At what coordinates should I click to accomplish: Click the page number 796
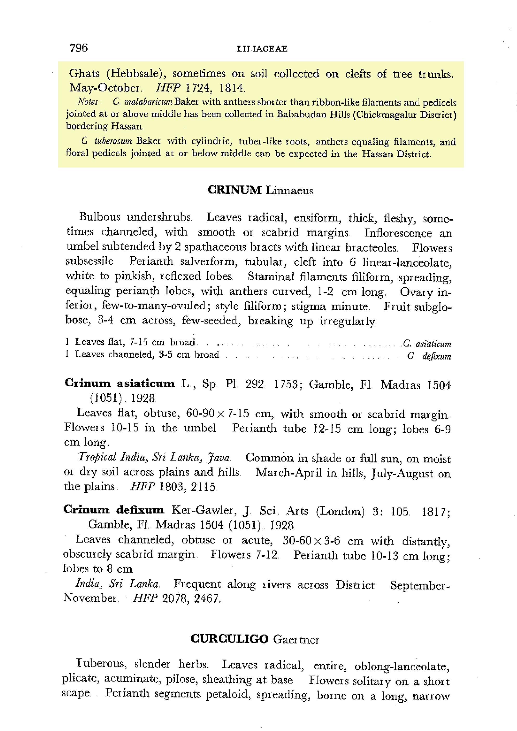pos(79,48)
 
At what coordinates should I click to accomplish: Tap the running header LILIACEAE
pos(262,49)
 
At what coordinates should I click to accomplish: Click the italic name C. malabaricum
pos(142,102)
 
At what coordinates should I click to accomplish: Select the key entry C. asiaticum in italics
pos(427,344)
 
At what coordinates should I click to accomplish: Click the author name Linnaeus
pos(289,191)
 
